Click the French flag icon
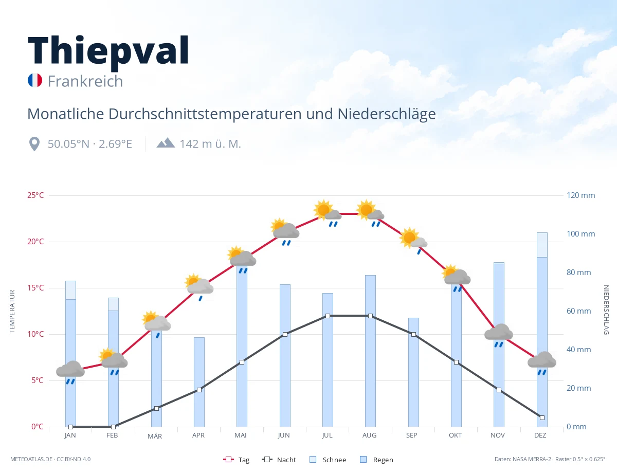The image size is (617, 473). coord(35,80)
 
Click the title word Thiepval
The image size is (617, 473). coord(108,51)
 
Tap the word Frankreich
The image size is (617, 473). coord(85,81)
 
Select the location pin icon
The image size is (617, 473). coord(34,144)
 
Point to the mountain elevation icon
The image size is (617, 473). coord(166,143)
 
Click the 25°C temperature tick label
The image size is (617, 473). coord(35,195)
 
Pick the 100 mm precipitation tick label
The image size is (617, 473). coord(580,234)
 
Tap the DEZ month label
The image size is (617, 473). coord(540,435)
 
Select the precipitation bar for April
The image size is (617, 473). coord(199,382)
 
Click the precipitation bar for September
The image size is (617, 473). coord(413,372)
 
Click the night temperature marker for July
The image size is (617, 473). coord(328,316)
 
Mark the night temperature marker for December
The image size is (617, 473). coord(542,417)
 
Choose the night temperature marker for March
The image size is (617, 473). coord(156,408)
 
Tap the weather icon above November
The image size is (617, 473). coord(499,335)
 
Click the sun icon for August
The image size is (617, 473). coord(366,210)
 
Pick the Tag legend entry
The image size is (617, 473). coord(236,460)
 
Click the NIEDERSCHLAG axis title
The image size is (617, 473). coord(606,310)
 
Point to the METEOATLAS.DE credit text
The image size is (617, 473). coord(31,459)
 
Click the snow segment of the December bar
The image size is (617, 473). coord(542,245)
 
